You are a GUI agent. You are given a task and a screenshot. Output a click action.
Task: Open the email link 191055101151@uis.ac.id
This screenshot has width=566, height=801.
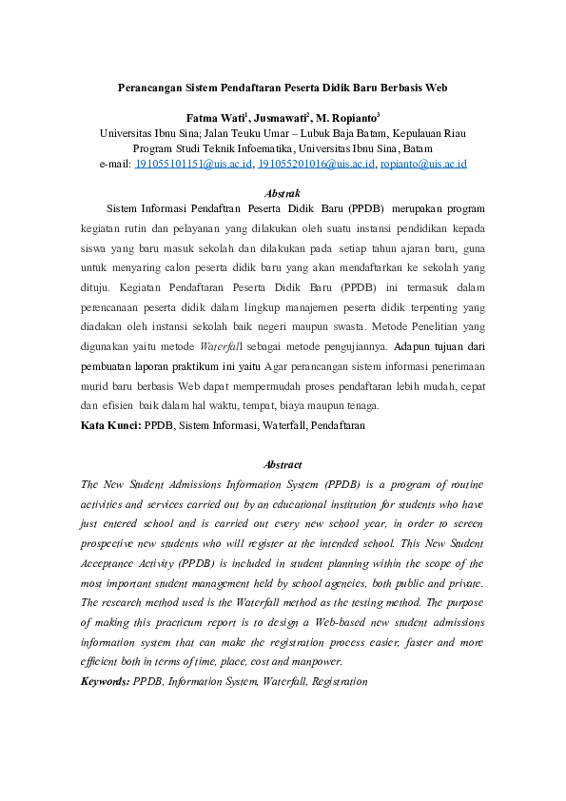point(194,165)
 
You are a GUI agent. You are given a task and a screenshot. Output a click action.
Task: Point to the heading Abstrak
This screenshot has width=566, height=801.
point(283,193)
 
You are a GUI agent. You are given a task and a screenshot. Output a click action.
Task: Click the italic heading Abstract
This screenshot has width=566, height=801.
point(283,464)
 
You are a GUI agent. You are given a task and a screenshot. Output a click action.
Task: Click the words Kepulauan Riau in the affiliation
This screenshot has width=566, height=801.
point(423,134)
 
